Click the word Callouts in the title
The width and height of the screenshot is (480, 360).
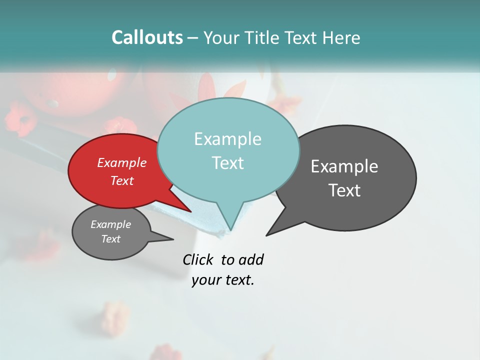click(x=147, y=37)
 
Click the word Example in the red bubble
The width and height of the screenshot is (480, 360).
click(x=121, y=162)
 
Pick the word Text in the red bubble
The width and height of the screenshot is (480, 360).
click(x=121, y=180)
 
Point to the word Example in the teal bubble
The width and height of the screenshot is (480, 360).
click(x=227, y=139)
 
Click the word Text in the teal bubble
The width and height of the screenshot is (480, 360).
click(x=227, y=162)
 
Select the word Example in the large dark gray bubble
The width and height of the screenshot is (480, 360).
click(x=344, y=166)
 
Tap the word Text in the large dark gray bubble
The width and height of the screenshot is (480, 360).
click(x=344, y=190)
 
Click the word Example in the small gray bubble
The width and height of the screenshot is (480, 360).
click(x=110, y=224)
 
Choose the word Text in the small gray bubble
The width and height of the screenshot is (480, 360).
click(x=110, y=239)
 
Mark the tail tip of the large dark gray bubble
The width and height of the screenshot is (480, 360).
click(x=267, y=234)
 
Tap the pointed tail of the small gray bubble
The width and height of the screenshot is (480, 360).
click(x=172, y=239)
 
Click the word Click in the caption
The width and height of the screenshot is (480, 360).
click(x=198, y=259)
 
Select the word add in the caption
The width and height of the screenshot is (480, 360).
click(x=250, y=259)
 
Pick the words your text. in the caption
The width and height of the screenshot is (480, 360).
click(x=223, y=280)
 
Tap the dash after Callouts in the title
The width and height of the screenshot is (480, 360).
click(x=192, y=37)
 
